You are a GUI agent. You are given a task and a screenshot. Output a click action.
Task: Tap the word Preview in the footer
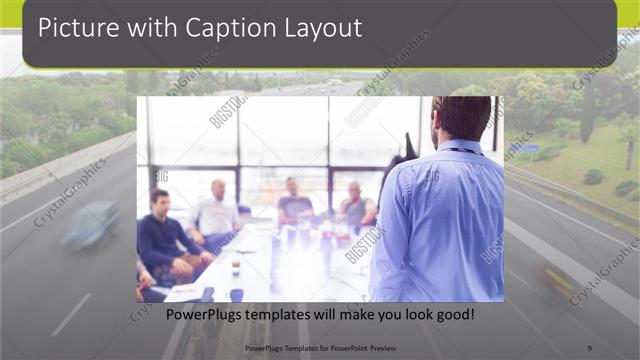pos(378,348)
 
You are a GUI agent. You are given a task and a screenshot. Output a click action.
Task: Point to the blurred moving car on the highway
pos(90,226)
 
